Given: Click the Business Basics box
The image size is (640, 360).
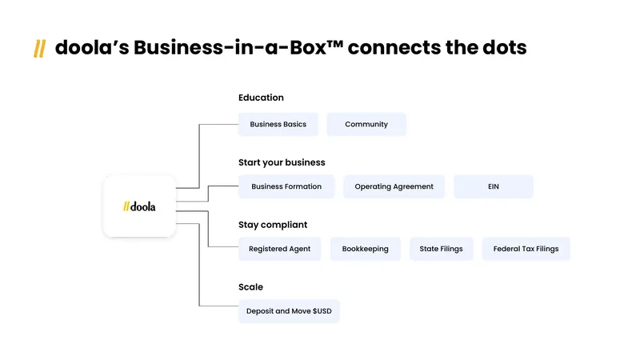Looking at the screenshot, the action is coord(278,124).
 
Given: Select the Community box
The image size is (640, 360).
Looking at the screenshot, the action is coord(366,124).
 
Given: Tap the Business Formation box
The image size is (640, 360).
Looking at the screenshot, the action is coord(286,186).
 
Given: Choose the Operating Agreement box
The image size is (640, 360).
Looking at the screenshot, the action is coord(394,186).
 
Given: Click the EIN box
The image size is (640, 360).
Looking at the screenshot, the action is coord(493,186).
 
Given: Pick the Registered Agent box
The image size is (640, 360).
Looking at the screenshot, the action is coord(279,249).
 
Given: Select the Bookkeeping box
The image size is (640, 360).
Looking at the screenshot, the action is coord(366,249).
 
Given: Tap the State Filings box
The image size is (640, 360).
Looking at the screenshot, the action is coord(442,249).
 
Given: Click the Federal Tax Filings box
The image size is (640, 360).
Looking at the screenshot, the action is coord(526,249).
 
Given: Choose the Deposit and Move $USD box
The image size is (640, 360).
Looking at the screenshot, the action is coord(289,311).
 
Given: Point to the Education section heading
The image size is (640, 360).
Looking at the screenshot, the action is coord(261,98).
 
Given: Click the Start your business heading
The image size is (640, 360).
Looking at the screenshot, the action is coord(282,162).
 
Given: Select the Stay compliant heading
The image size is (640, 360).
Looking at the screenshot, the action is coord(273,225).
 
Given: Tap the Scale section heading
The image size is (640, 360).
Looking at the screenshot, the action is coord(250,287).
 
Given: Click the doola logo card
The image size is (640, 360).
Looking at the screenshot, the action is coord(139,206).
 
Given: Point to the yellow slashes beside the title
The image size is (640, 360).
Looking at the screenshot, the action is coord(39,49).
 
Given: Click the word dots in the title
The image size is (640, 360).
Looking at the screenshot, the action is coord(505,47).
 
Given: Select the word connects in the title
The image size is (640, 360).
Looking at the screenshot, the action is coord(394,48).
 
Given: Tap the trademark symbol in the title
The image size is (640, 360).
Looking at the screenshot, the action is coord(335,43).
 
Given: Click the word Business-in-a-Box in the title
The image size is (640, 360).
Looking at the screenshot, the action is coord(230,47).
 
